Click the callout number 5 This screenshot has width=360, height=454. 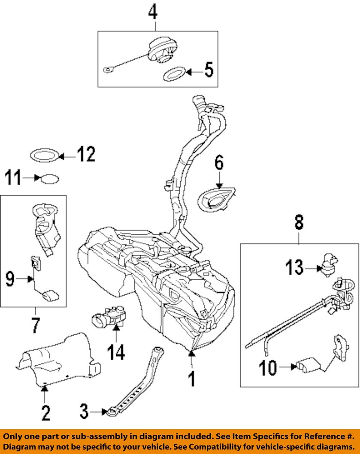click(x=208, y=70)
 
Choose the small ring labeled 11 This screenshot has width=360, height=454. click(x=49, y=178)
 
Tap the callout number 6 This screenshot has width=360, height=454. click(x=219, y=163)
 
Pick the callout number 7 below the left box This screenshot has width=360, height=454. click(x=34, y=326)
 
